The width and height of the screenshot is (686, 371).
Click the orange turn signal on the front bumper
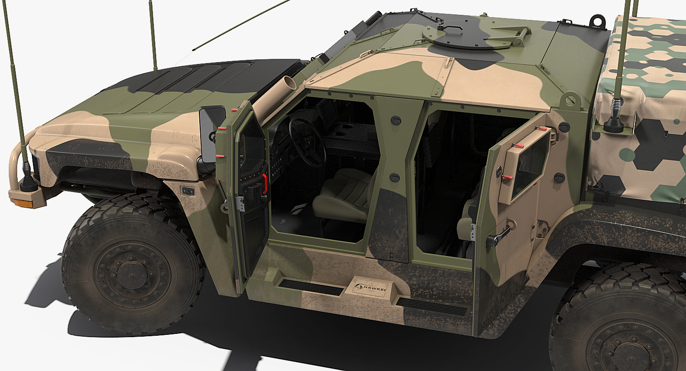[x=21, y=203]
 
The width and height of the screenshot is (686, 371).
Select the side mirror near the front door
[x=212, y=134]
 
